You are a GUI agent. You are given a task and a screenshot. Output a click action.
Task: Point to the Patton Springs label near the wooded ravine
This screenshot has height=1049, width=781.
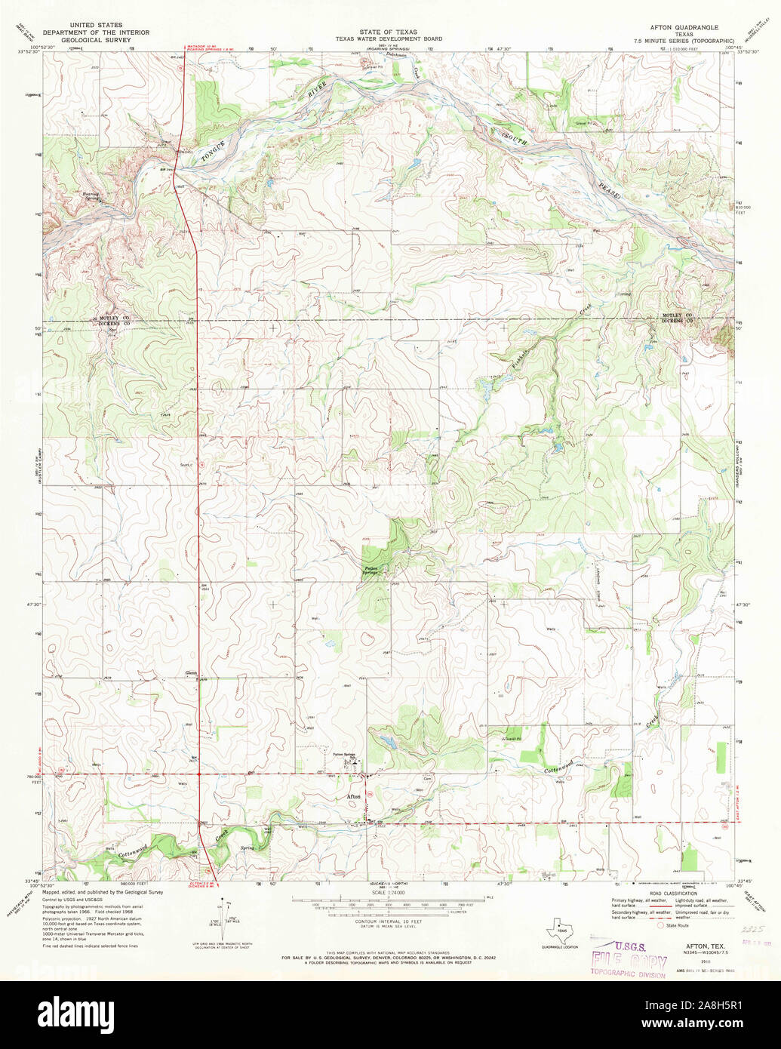tap(370, 571)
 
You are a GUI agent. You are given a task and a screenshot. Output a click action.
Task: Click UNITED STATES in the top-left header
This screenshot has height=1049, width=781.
tap(96, 25)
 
